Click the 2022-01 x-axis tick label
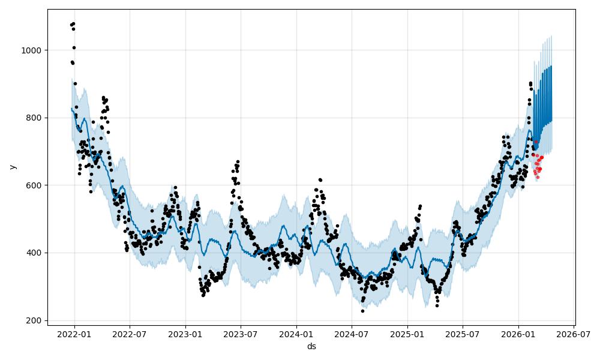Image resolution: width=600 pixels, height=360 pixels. (x=74, y=334)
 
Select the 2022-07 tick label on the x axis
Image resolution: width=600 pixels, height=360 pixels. (x=130, y=334)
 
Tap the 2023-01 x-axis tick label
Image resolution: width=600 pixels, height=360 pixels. (x=185, y=334)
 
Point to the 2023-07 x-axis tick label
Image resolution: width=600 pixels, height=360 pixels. (x=241, y=334)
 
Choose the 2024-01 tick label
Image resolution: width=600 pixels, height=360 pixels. (x=296, y=334)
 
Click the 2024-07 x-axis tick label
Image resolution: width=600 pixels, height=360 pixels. (x=352, y=334)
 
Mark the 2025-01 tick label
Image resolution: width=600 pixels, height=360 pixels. (x=407, y=334)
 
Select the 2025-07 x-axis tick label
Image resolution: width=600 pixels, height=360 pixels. (x=463, y=334)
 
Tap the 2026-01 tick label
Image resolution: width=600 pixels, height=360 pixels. (x=518, y=334)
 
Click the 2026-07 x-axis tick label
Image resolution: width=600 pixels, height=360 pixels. (x=574, y=334)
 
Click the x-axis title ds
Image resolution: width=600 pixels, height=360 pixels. (x=311, y=346)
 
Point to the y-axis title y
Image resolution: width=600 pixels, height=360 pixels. (x=11, y=167)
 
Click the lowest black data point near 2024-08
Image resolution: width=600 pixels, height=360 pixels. (x=362, y=311)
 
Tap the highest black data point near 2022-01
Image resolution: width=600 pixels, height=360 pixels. (x=73, y=23)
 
